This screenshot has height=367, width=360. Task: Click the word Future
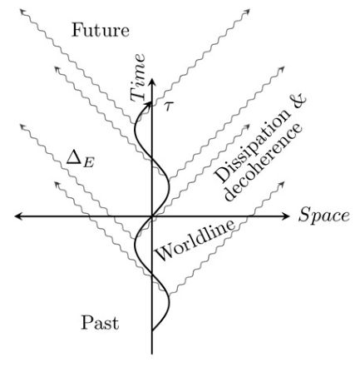coord(101,32)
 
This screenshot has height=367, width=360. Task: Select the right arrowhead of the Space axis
coord(291,216)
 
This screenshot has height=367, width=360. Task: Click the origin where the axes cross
coord(152,216)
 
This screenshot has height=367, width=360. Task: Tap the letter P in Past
coord(88,322)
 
